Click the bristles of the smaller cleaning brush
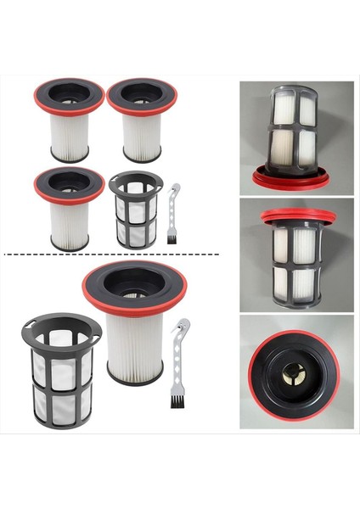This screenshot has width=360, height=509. pos(172,239)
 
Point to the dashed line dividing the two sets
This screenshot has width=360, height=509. pos(110,254)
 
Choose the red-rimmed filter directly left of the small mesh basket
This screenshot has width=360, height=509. pos(69,208)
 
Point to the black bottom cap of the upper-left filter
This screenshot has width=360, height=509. pos(69,157)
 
